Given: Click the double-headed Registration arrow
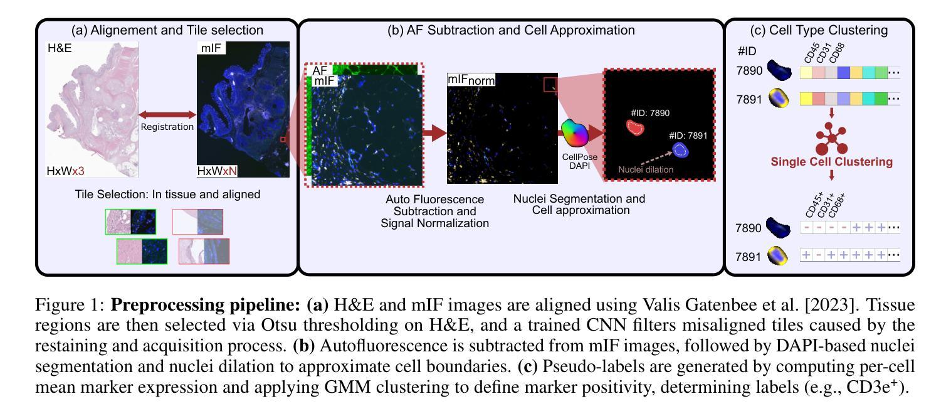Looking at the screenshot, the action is [167, 115].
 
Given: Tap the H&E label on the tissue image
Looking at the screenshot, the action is [60, 48].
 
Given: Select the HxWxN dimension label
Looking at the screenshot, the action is [217, 171].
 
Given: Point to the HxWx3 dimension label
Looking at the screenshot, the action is [65, 171].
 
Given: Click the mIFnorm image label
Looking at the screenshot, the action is [471, 80].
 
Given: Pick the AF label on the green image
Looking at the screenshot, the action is [320, 70].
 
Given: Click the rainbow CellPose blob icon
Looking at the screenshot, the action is [575, 132].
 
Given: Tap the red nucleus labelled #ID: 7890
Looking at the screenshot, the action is [635, 127].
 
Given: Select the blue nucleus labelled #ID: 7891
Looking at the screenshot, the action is [680, 150].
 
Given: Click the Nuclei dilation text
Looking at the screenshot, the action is [646, 169].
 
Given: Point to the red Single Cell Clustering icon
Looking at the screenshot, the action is [831, 139].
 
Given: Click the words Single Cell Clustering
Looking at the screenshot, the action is [831, 161].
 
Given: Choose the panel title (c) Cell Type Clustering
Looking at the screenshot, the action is [819, 30].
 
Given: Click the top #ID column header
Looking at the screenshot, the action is [747, 51].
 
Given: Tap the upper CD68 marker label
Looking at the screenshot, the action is [836, 53].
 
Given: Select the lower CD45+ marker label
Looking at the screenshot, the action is [814, 205].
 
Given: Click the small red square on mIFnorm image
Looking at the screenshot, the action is [550, 84].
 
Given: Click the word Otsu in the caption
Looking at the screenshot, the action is [278, 325].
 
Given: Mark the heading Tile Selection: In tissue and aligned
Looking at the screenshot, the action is [168, 195].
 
